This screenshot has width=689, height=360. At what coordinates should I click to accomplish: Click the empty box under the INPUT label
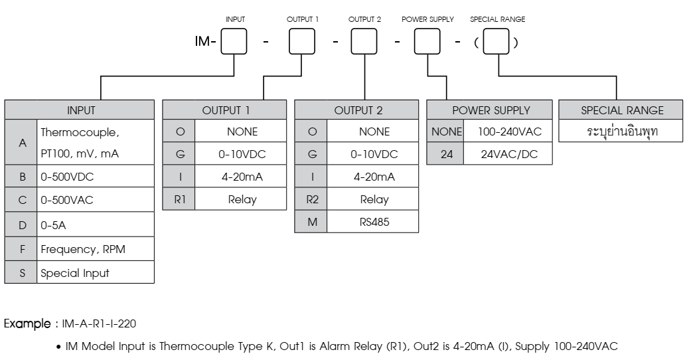[234, 45]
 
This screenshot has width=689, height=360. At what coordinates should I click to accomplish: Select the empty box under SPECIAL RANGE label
[497, 45]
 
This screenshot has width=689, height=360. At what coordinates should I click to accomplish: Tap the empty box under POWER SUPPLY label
[428, 45]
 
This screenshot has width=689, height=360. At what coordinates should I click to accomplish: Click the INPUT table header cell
[80, 110]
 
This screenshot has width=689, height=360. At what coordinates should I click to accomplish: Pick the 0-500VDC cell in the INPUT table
[95, 179]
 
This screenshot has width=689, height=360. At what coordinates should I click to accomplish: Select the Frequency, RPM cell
[95, 250]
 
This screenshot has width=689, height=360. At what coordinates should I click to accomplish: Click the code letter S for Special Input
[21, 273]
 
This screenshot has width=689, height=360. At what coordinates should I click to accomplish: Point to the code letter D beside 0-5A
[21, 226]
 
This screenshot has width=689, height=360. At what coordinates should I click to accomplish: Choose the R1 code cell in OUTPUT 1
[180, 199]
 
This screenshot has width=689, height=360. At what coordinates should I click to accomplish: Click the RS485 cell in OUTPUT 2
[374, 222]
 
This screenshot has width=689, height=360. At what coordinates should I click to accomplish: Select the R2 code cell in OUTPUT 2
[312, 199]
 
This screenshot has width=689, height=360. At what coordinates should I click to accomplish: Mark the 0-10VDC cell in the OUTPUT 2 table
[374, 154]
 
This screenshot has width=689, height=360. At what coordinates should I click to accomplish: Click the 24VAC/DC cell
[510, 154]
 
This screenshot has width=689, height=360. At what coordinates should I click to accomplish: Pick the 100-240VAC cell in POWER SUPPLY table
[510, 132]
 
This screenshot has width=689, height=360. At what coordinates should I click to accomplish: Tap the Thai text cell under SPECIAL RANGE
[622, 132]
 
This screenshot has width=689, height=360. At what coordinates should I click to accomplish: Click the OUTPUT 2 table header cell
[356, 110]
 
